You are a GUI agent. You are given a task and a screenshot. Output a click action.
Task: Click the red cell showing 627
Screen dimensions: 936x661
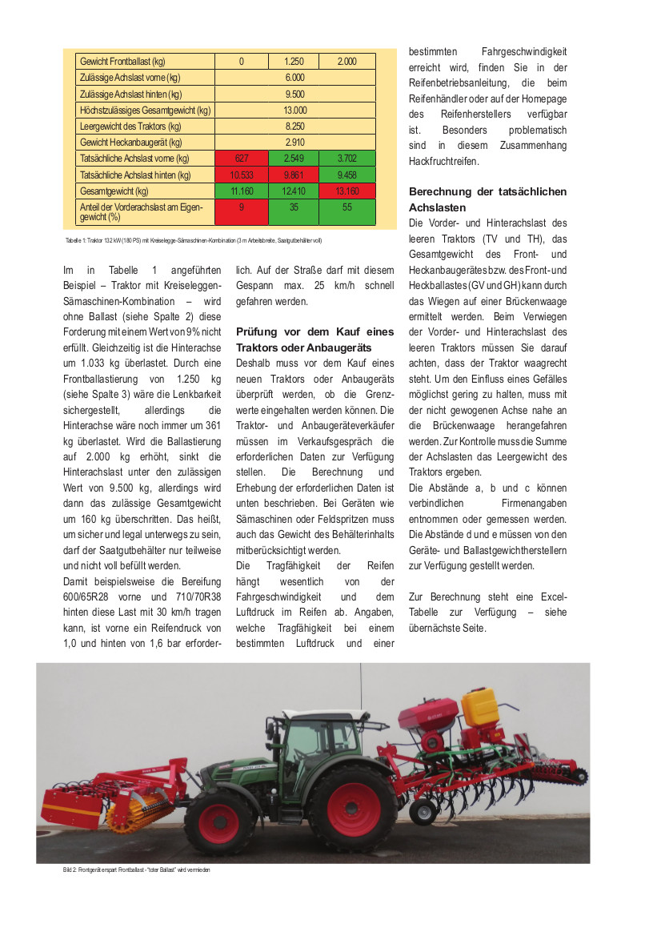(241, 159)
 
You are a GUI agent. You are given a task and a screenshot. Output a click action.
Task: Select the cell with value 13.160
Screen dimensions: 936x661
(347, 191)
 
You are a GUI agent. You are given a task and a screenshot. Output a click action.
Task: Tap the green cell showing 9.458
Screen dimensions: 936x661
(347, 175)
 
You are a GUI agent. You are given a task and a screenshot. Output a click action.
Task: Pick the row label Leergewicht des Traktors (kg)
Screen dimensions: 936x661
(130, 126)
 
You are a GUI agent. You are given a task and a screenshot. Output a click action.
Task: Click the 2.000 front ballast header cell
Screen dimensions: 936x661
(347, 61)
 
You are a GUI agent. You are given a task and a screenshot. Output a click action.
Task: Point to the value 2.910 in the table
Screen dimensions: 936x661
(294, 142)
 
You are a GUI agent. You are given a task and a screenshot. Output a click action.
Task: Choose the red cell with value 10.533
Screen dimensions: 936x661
(241, 175)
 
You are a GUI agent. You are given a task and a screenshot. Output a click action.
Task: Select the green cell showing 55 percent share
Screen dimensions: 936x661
(347, 211)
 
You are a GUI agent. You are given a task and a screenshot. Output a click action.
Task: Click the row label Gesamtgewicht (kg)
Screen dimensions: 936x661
(114, 191)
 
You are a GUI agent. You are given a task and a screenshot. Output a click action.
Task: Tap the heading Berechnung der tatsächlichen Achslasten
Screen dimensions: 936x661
(487, 199)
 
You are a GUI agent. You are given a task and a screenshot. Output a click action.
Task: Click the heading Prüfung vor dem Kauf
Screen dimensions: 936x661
(314, 339)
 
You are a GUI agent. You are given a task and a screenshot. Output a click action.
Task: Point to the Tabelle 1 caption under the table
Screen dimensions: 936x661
(193, 240)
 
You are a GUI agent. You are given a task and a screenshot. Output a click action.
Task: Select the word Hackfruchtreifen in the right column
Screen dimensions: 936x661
(444, 161)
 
